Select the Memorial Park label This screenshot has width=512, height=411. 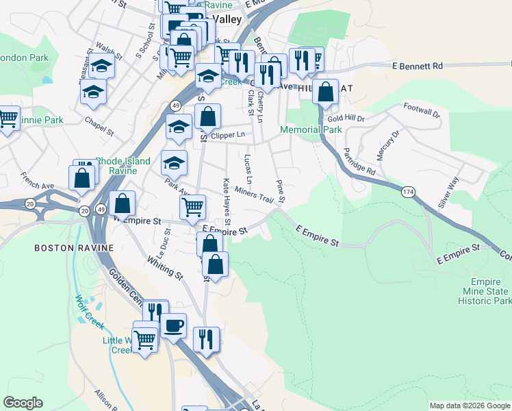tap(311, 129)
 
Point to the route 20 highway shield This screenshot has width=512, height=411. tap(29, 204)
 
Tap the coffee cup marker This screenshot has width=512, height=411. tap(174, 324)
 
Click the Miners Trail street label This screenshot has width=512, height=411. tap(254, 195)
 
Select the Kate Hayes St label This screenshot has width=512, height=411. tap(227, 200)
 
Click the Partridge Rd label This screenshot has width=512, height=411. tap(359, 161)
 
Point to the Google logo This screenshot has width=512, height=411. tap(23, 403)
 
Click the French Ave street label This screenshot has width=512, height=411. tap(37, 181)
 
